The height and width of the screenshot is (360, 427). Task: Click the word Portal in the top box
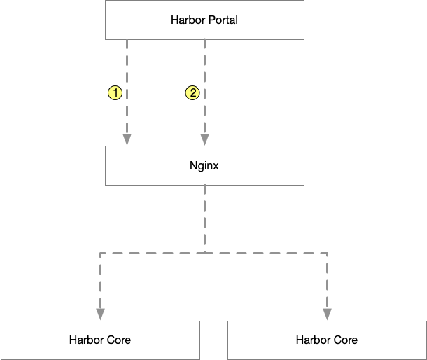(222, 20)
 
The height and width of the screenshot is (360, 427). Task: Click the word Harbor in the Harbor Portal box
(188, 20)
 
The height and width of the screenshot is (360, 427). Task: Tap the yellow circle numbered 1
(115, 92)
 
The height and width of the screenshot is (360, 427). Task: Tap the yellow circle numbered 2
(192, 92)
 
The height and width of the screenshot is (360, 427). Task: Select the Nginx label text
(204, 166)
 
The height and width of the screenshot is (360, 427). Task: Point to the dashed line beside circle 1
(127, 92)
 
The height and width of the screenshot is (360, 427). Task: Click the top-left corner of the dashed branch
(101, 253)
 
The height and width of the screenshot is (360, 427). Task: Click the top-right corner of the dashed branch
(327, 253)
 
